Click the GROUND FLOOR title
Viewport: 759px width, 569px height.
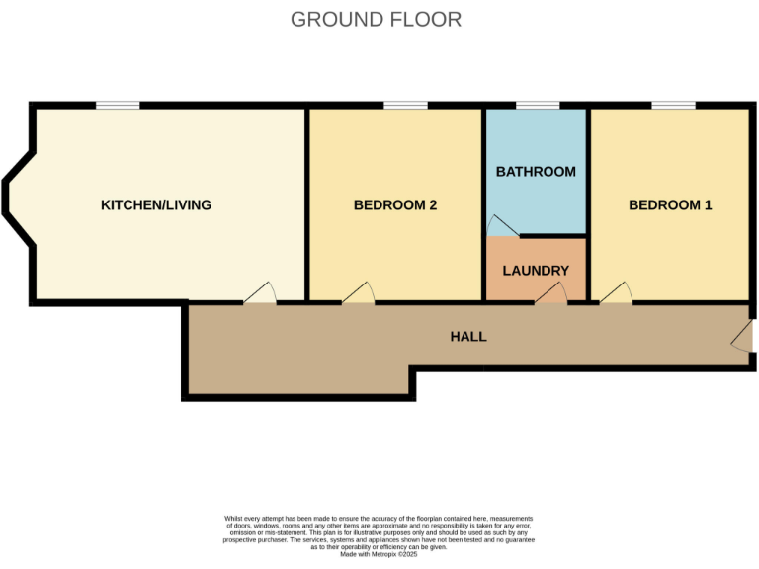[x=376, y=19]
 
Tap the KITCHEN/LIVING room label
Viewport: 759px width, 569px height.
[x=156, y=205]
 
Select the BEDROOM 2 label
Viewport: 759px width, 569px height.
[x=395, y=205]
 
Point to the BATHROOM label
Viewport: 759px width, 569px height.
[x=536, y=171]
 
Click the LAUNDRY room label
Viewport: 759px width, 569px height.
[x=536, y=270]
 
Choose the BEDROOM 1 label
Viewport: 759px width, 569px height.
[x=670, y=205]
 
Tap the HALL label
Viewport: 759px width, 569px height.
[x=468, y=336]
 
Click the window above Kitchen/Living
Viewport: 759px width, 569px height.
[x=117, y=105]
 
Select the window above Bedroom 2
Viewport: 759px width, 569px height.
[x=405, y=105]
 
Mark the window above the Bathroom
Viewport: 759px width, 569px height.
[x=537, y=105]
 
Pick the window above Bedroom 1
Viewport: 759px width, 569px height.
[x=672, y=105]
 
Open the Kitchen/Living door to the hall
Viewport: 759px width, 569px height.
[x=260, y=293]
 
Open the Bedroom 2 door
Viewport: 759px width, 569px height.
[x=358, y=293]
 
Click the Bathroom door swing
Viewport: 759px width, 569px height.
[x=500, y=228]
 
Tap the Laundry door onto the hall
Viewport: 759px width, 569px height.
[x=550, y=293]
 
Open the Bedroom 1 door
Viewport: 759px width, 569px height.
[x=616, y=293]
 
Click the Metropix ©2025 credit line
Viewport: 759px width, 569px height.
[x=379, y=555]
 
